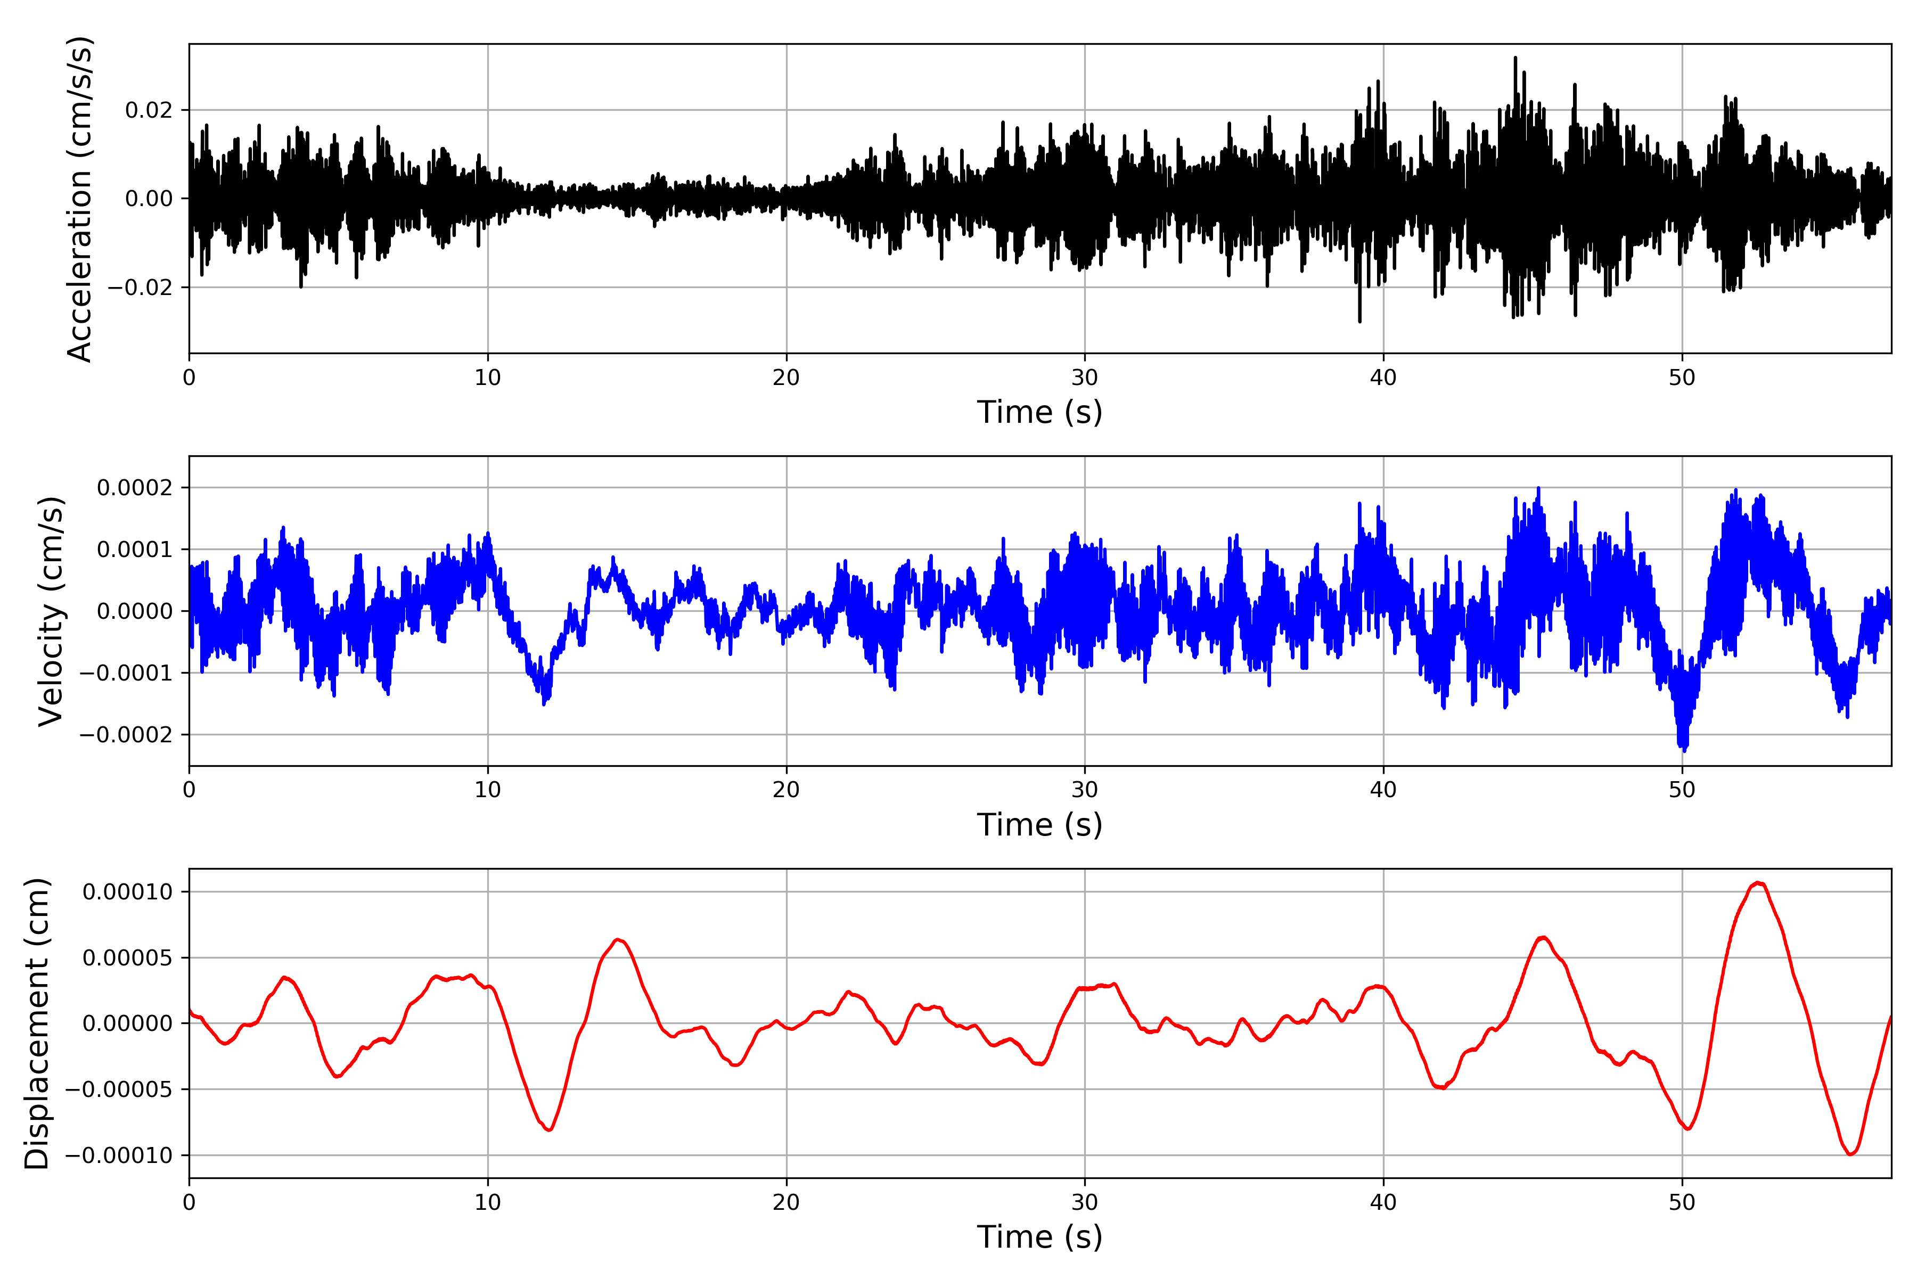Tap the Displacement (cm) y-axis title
tap(37, 1023)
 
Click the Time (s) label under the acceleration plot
tap(1039, 412)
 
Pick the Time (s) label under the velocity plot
tap(1039, 825)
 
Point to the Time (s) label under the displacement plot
tap(1039, 1237)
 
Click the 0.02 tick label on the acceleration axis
tap(149, 110)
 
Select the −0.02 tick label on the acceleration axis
tap(140, 287)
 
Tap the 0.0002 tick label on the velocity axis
tap(135, 487)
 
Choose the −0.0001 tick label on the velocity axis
tap(126, 673)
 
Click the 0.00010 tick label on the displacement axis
tap(127, 891)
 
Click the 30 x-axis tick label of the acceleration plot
tap(1084, 378)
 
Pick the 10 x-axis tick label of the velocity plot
tap(487, 790)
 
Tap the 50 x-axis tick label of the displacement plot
tap(1682, 1202)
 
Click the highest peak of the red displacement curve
tap(1758, 883)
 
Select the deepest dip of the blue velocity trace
tap(1684, 748)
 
